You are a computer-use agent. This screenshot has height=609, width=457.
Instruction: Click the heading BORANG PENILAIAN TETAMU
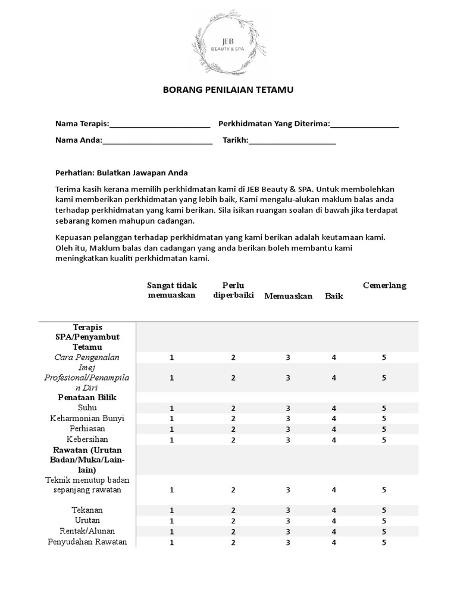[x=228, y=90]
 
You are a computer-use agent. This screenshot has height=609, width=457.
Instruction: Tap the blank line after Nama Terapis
[x=159, y=125]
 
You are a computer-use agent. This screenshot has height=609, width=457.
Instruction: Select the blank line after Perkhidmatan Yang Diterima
[x=364, y=125]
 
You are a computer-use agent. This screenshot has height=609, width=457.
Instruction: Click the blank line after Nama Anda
[x=157, y=142]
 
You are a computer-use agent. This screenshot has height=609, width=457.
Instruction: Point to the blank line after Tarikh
[x=292, y=142]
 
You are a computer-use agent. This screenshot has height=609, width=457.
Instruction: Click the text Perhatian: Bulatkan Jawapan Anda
[x=121, y=172]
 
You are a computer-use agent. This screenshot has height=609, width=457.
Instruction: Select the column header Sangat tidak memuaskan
[x=172, y=290]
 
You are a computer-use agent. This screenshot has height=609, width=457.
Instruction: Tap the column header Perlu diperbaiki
[x=233, y=290]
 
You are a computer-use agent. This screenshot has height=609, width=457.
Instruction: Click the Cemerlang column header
[x=384, y=285]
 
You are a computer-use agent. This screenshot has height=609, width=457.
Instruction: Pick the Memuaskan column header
[x=289, y=296]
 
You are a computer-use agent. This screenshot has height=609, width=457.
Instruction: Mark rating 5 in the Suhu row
[x=384, y=408]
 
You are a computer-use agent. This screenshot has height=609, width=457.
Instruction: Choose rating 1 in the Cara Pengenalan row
[x=172, y=357]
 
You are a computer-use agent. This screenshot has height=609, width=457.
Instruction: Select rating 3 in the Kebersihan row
[x=288, y=440]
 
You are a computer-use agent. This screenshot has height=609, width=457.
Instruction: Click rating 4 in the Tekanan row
[x=334, y=510]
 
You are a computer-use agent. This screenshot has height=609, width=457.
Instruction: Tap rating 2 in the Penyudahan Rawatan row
[x=233, y=542]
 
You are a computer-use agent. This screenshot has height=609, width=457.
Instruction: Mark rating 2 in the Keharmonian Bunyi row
[x=233, y=419]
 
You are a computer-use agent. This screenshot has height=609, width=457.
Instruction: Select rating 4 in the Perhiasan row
[x=334, y=429]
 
